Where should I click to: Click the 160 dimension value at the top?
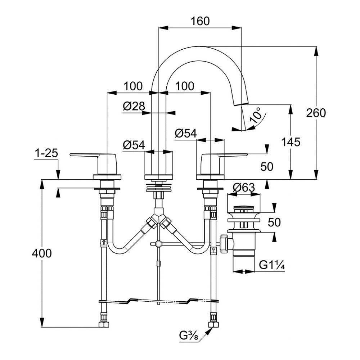pos(201,21)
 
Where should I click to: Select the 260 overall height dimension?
pos(316,113)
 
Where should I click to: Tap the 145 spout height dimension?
pos(291,142)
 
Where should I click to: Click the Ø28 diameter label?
pos(134,106)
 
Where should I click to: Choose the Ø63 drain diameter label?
pos(244,188)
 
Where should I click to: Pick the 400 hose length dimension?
pos(42,253)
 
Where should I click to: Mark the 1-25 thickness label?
pos(46,154)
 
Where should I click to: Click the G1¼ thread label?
pos(272,266)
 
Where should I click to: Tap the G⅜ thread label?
pos(188,336)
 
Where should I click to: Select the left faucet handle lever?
pos(86,156)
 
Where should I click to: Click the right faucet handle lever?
pos(230,155)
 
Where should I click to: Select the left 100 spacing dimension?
pos(133,86)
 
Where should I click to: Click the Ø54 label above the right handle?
pos(186,134)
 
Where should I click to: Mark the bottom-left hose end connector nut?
pos(104,324)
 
